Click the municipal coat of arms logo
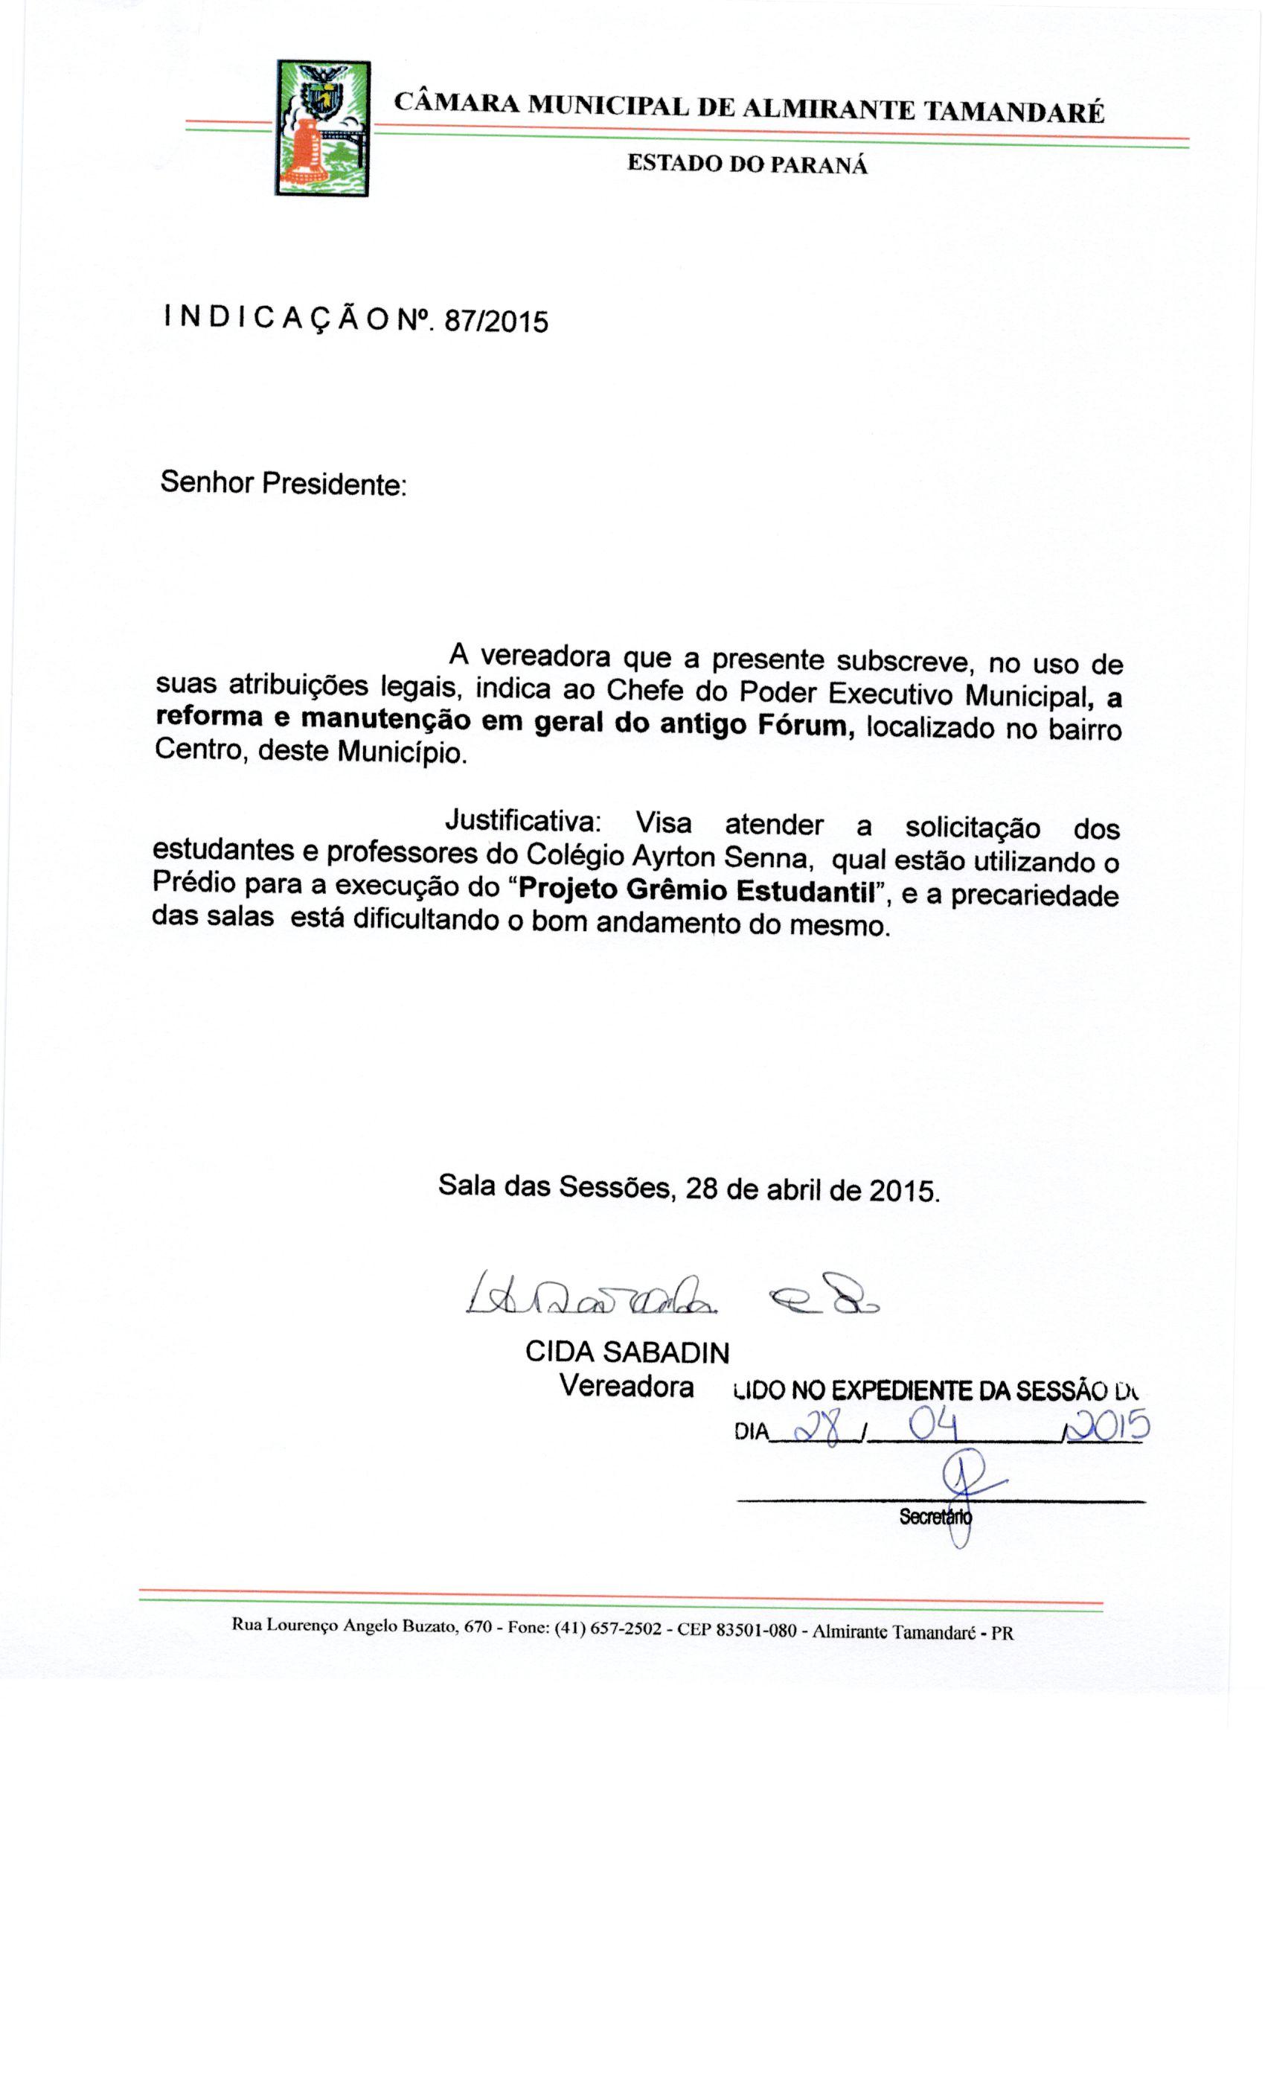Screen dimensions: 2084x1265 pyautogui.click(x=322, y=129)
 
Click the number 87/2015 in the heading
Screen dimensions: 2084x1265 pyautogui.click(x=496, y=322)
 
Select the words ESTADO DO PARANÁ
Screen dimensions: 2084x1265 pyautogui.click(x=746, y=163)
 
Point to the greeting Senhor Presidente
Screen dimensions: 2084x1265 pyautogui.click(x=284, y=484)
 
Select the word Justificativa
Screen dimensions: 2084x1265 pyautogui.click(x=522, y=820)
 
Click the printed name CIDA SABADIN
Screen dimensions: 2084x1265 pyautogui.click(x=627, y=1352)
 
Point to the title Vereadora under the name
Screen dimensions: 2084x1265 pyautogui.click(x=627, y=1386)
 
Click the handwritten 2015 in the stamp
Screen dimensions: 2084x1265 pyautogui.click(x=1109, y=1425)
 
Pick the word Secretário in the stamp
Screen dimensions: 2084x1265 pyautogui.click(x=935, y=1517)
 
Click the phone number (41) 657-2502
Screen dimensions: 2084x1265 pyautogui.click(x=607, y=1627)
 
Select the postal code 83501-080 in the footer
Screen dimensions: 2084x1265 pyautogui.click(x=755, y=1629)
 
